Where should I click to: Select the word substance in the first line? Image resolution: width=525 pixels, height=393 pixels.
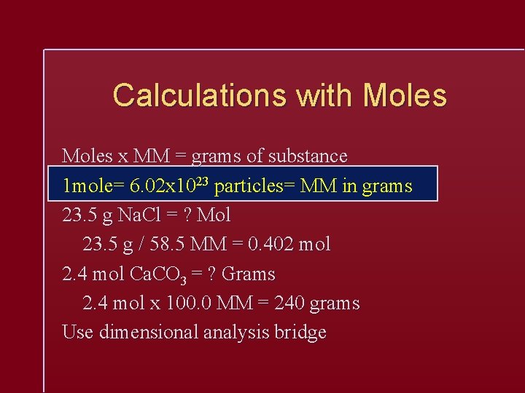point(308,156)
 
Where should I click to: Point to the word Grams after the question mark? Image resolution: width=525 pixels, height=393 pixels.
point(249,274)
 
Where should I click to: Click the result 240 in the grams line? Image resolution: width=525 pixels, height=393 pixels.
point(287,303)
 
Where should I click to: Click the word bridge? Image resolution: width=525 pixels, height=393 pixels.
point(300,333)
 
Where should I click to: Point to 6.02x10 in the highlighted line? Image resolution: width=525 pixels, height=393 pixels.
point(160,186)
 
